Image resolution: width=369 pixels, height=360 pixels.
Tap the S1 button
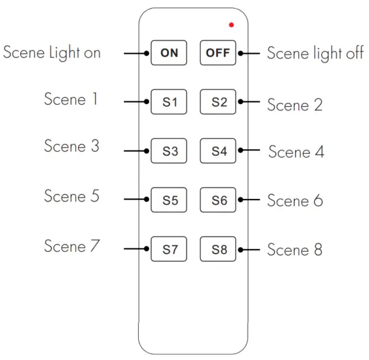tap(170, 102)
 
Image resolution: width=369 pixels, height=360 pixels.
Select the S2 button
tap(219, 102)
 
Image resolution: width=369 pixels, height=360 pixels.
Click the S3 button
tap(170, 151)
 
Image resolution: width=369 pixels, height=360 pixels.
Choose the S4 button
tap(219, 151)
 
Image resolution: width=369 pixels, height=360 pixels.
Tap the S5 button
tap(170, 200)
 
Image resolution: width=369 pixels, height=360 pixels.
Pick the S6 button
tap(219, 200)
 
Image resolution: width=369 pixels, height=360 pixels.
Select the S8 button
tap(219, 250)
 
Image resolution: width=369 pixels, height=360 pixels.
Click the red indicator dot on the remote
tap(231, 25)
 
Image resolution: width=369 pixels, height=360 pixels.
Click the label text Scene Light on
tap(52, 52)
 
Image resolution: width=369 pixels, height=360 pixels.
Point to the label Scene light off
tap(315, 54)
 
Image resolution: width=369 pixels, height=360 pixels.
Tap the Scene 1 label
tap(71, 99)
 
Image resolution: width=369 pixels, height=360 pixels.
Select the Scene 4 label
tap(296, 152)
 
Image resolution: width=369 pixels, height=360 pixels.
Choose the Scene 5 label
tap(71, 196)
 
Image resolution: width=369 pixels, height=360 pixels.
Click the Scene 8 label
tap(295, 250)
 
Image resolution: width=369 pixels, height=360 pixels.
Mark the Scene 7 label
tap(71, 246)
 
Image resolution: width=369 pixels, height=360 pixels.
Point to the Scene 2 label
tap(295, 105)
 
